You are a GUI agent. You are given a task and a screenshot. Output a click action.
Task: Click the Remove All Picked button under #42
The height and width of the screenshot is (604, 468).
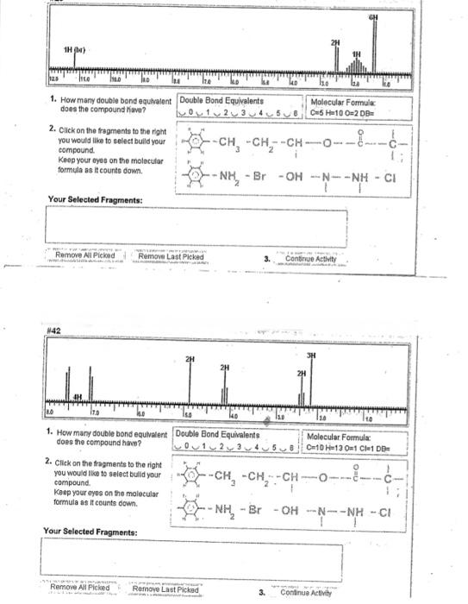click(x=81, y=589)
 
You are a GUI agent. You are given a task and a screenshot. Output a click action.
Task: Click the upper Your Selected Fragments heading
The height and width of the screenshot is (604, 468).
click(x=95, y=200)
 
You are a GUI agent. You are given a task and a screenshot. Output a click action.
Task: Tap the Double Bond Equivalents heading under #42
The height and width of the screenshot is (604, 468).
click(x=221, y=436)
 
